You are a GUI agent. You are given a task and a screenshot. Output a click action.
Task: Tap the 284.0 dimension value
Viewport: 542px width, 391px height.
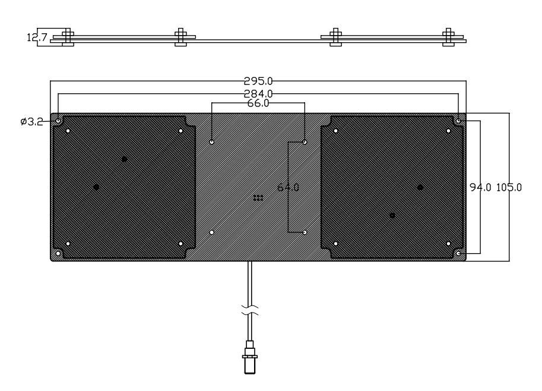[x=258, y=93]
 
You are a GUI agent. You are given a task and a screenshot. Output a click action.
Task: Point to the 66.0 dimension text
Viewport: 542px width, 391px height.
[x=258, y=103]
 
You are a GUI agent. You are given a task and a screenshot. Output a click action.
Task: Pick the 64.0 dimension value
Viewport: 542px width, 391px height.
[x=289, y=187]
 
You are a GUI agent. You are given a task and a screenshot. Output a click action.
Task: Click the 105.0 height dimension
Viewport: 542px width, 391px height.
[x=510, y=187]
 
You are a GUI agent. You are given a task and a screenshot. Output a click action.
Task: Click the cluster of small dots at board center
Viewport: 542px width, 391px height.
[x=258, y=197]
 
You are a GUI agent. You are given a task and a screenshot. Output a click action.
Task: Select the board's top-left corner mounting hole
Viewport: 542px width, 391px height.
[x=58, y=121]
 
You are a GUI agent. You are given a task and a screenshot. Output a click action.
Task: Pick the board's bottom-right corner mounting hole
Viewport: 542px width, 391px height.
[x=459, y=254]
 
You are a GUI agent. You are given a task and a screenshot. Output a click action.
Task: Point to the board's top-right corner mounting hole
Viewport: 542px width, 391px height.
[x=459, y=121]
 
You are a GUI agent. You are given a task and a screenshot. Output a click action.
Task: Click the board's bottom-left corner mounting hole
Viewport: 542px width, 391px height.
[x=58, y=254]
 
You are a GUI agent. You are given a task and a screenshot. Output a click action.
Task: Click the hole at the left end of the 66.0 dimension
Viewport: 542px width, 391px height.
[x=213, y=143]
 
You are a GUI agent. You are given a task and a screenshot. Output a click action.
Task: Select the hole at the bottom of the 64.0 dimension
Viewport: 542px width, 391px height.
[x=305, y=232]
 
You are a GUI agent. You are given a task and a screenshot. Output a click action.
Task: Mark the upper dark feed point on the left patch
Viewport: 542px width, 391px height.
[x=124, y=159]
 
